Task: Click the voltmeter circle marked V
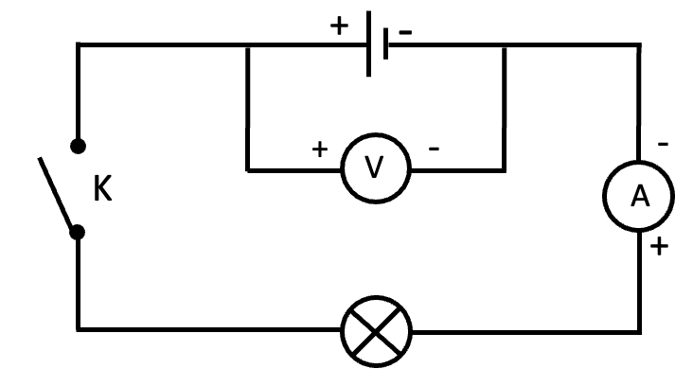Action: (x=376, y=168)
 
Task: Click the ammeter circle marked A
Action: (x=640, y=196)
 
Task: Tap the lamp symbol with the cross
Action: (x=376, y=329)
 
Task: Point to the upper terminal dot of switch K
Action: (x=79, y=146)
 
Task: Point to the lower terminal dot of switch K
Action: (x=79, y=231)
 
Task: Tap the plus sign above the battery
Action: (x=339, y=26)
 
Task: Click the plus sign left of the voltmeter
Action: (x=320, y=149)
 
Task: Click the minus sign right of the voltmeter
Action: (x=435, y=149)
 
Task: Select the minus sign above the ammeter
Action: (x=663, y=143)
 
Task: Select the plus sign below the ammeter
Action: (x=660, y=248)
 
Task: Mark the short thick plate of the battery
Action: (x=386, y=44)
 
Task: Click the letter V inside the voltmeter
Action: (x=376, y=168)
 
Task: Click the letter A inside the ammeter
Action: (x=640, y=196)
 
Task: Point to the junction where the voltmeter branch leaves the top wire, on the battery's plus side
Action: (x=247, y=44)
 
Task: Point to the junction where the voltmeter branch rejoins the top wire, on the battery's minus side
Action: (x=505, y=44)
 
